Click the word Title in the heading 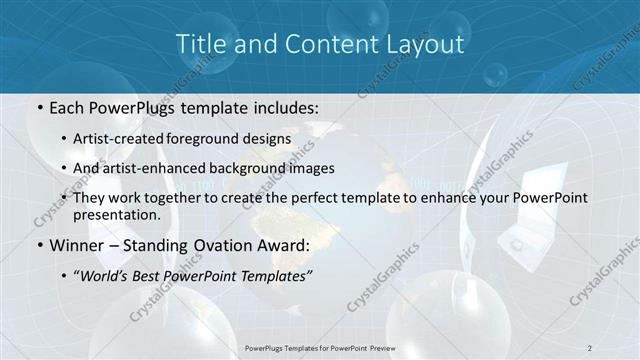point(200,44)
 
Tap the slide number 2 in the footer point(591,347)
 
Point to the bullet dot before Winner point(39,246)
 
